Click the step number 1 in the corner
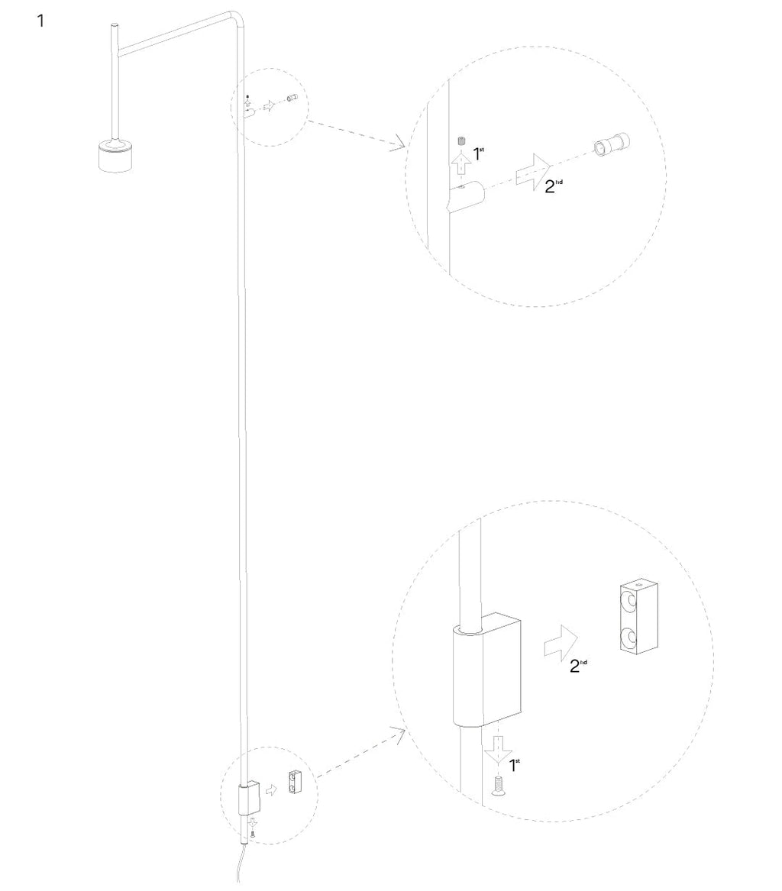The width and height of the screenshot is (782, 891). [x=40, y=21]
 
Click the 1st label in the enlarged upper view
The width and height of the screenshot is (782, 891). [x=479, y=153]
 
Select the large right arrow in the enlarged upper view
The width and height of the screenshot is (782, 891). [x=533, y=171]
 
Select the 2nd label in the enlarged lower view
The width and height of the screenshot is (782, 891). [x=578, y=666]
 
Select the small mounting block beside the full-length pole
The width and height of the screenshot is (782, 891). [x=295, y=783]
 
